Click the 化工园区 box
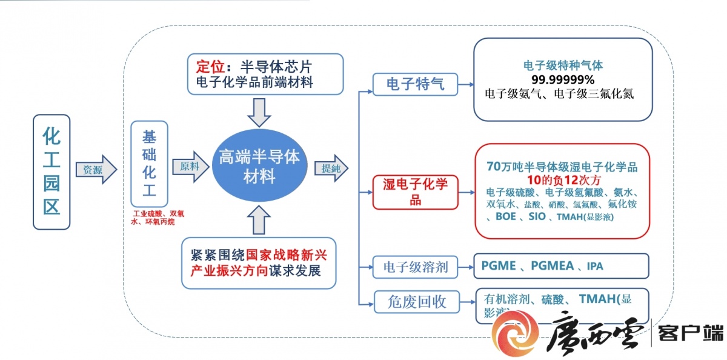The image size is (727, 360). (51, 172)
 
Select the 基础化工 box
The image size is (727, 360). (149, 164)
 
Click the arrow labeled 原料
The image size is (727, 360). (190, 166)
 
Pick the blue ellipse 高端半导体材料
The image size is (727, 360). (259, 167)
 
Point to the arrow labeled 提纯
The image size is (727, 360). (331, 169)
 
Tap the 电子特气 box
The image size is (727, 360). (416, 84)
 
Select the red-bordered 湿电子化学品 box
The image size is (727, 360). (415, 192)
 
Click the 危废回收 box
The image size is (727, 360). (417, 301)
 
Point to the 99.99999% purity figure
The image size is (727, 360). (563, 79)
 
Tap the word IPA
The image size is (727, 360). (595, 267)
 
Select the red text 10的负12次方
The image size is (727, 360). (563, 179)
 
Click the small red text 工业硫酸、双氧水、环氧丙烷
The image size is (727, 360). (157, 218)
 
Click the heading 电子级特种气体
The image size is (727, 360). (563, 64)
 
